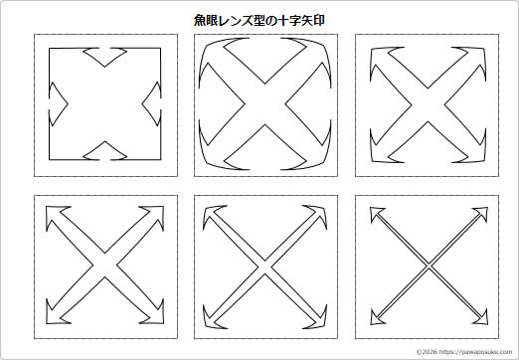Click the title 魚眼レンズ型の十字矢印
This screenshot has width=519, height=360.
click(x=259, y=18)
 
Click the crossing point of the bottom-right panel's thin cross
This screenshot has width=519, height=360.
click(x=429, y=266)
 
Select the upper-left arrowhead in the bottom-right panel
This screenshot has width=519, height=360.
click(x=377, y=214)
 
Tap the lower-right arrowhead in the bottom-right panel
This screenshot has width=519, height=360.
click(x=480, y=317)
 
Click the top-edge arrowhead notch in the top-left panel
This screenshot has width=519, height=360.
click(x=105, y=56)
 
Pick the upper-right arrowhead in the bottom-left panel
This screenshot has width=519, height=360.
click(x=155, y=215)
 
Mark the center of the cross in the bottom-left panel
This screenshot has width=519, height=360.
click(x=105, y=266)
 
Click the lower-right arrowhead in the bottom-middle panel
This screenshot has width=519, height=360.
click(x=317, y=316)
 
